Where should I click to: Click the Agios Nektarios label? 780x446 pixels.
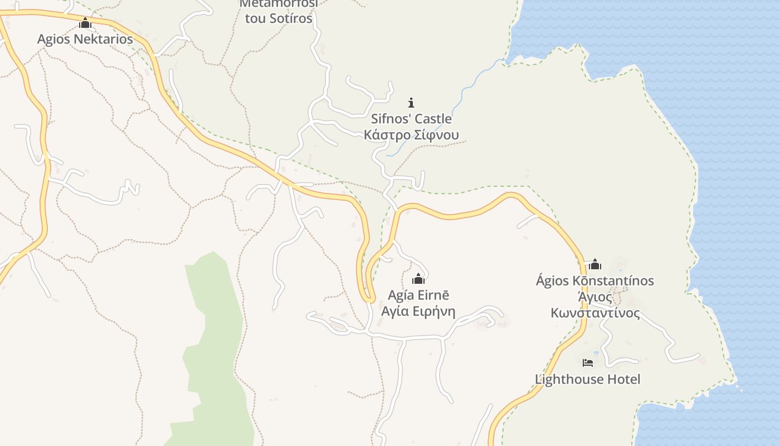[x=85, y=39]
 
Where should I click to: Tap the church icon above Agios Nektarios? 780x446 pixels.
[x=85, y=23]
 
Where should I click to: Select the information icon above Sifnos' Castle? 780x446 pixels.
[x=411, y=103]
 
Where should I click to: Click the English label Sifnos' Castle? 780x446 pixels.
[x=411, y=119]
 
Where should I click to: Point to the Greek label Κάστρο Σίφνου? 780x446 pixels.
[x=411, y=135]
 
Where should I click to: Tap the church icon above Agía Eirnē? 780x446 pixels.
[x=418, y=279]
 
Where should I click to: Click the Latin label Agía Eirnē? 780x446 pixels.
[x=418, y=295]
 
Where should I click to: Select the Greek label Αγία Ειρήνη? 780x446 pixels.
[x=418, y=311]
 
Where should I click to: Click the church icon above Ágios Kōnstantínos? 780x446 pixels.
[x=594, y=264]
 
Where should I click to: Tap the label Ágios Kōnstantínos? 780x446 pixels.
[x=594, y=280]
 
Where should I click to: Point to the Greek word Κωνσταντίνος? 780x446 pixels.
[x=594, y=313]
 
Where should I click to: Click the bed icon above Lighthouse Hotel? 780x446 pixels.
[x=587, y=363]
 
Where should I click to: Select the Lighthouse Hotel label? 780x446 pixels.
[x=587, y=379]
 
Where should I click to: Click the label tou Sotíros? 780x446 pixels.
[x=279, y=18]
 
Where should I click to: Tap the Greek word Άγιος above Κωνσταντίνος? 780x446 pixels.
[x=594, y=297]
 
